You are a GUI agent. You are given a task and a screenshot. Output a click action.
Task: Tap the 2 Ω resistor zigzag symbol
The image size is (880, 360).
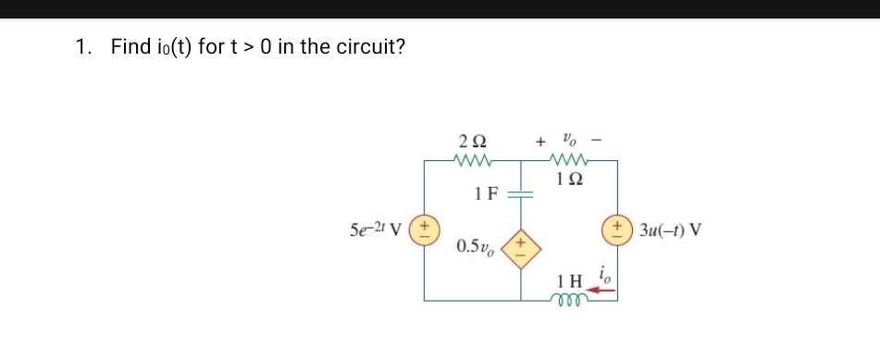473,160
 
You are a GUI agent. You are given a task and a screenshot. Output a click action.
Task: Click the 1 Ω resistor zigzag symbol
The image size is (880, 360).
571,160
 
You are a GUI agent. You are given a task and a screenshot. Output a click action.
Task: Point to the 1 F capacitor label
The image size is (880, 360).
486,194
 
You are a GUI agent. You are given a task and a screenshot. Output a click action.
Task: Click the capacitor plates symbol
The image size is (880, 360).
521,195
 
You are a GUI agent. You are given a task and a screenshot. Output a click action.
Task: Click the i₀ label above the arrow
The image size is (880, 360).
604,273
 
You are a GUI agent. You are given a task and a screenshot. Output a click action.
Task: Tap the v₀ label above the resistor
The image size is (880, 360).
571,141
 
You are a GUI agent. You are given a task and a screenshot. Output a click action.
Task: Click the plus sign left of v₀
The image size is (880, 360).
539,143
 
